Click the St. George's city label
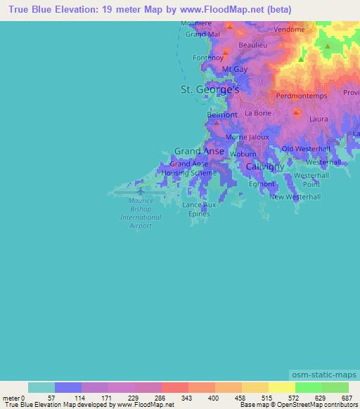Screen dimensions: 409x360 point(210,90)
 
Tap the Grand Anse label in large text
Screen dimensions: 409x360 point(199,151)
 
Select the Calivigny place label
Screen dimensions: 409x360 point(264,167)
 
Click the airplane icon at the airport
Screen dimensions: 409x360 point(141,190)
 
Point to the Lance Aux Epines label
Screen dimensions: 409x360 point(200,209)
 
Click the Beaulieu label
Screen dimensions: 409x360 point(253,44)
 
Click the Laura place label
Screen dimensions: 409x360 point(319,119)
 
